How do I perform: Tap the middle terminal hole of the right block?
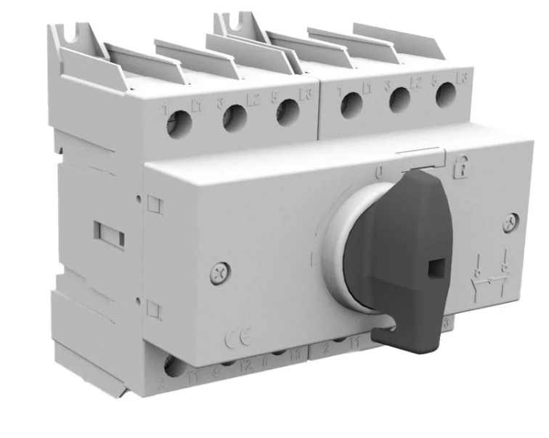click(399, 100)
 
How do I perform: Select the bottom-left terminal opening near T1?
click(174, 368)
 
